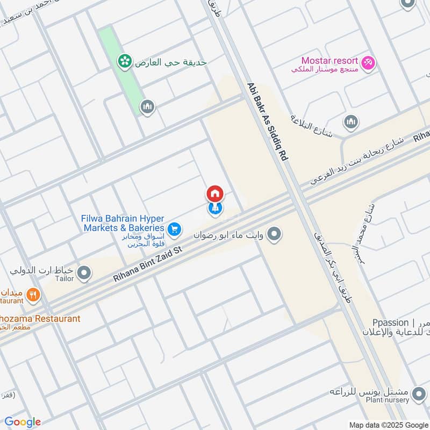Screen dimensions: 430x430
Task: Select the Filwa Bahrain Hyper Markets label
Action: pos(123,223)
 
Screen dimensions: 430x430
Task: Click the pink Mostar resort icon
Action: pos(368,63)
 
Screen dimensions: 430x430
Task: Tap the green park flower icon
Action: pos(125,62)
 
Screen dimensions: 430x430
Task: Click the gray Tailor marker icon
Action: pos(84,274)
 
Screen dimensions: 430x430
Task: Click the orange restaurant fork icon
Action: pos(33,295)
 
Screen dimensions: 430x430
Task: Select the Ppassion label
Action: pos(390,322)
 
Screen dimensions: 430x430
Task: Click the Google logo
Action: pos(23,422)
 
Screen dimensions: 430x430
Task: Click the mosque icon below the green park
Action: pos(148,107)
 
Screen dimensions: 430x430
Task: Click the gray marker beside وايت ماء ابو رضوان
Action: pos(274,234)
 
